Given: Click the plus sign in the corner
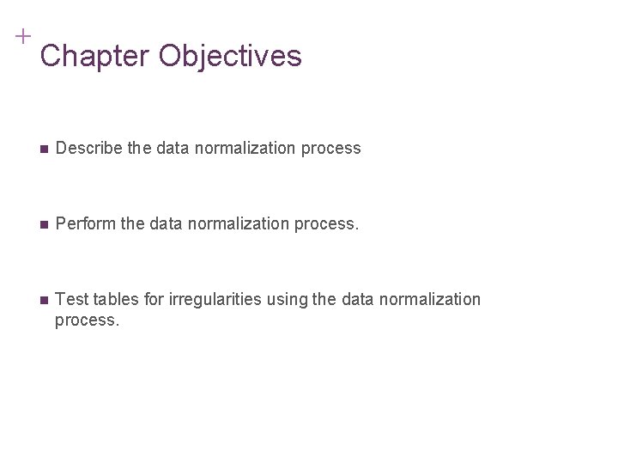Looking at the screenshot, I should pos(22,36).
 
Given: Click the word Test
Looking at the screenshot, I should pos(70,299).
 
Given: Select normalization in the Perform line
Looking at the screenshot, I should pos(227,225).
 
